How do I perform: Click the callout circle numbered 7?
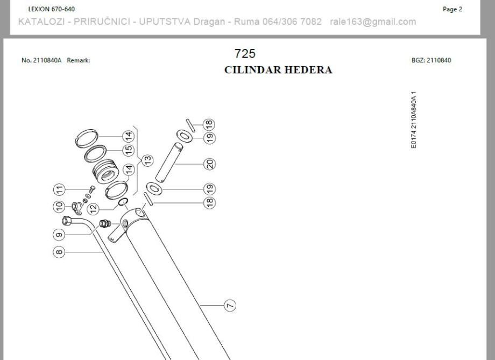click(230, 306)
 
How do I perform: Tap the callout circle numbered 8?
click(59, 251)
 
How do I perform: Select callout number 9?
click(59, 235)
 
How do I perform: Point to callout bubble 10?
click(59, 206)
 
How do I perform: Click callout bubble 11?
click(59, 189)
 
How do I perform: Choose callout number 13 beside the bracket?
click(146, 160)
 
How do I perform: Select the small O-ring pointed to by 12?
click(122, 202)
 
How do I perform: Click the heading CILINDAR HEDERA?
click(278, 70)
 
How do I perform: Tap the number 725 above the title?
click(245, 54)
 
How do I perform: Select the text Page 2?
click(452, 9)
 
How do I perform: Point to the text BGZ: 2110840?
click(431, 60)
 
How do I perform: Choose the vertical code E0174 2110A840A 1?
click(413, 120)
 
